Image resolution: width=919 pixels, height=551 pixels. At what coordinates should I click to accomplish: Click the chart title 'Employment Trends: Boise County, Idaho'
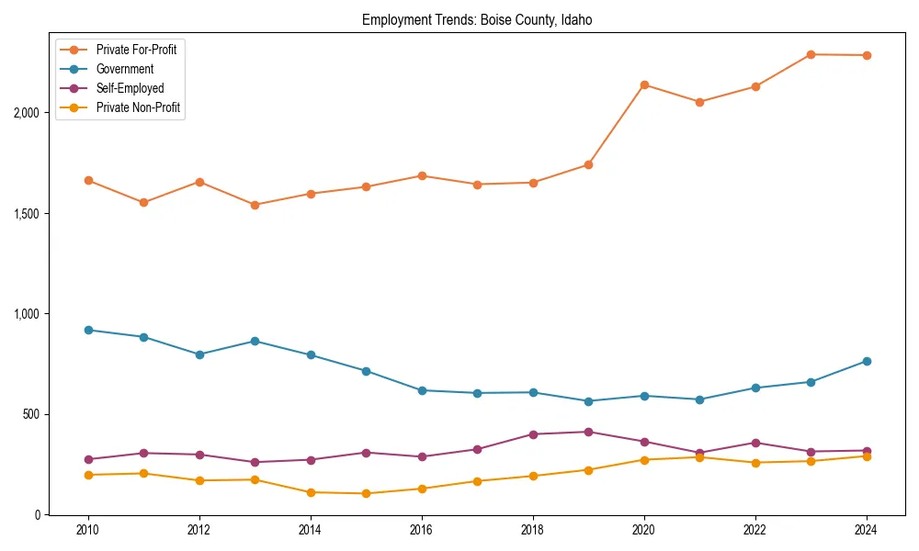click(482, 19)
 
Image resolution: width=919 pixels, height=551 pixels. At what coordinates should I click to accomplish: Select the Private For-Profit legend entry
click(136, 50)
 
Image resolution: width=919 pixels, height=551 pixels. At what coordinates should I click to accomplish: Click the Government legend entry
click(125, 69)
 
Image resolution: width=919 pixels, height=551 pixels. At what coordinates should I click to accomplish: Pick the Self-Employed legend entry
click(130, 88)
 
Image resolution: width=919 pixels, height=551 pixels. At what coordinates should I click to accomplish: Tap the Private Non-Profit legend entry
click(138, 107)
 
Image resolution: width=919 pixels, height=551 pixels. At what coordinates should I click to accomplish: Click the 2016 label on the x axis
click(422, 530)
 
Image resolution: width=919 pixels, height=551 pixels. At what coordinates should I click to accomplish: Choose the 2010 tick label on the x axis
click(88, 530)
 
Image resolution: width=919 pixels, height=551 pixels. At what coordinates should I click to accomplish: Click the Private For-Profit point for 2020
click(644, 84)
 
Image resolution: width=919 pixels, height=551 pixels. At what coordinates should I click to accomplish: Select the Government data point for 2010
click(88, 330)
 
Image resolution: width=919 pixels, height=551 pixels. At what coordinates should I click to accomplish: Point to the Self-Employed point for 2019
click(588, 432)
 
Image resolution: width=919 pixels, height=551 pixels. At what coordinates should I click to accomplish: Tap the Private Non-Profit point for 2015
click(366, 494)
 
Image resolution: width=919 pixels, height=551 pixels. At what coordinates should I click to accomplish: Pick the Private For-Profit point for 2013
click(255, 205)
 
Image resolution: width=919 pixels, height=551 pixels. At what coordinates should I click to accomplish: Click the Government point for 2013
click(255, 341)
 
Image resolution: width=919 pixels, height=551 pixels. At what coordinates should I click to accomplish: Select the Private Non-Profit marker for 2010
click(88, 475)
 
